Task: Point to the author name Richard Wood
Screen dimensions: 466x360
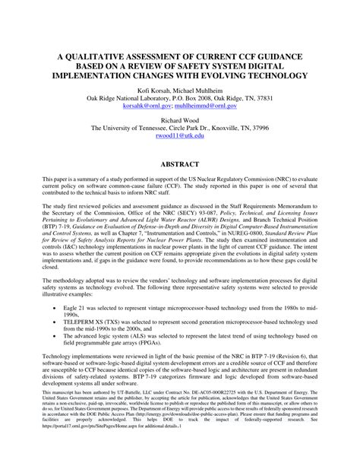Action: (180, 120)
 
